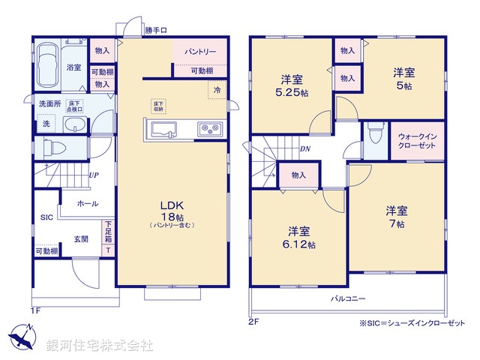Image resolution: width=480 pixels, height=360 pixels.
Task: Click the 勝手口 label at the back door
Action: click(x=155, y=30)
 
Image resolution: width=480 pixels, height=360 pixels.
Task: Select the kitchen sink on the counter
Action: click(x=163, y=130)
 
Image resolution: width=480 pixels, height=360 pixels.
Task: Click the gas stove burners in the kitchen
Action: click(x=208, y=130)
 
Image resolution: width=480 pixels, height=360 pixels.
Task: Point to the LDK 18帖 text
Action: click(x=171, y=211)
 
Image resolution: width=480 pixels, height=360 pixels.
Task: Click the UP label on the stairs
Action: click(x=94, y=175)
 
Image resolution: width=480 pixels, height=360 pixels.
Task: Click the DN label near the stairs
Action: click(x=306, y=148)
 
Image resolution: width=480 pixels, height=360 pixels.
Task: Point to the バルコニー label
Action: click(x=348, y=298)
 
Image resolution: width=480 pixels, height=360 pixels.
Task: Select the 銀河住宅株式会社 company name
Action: click(x=100, y=346)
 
